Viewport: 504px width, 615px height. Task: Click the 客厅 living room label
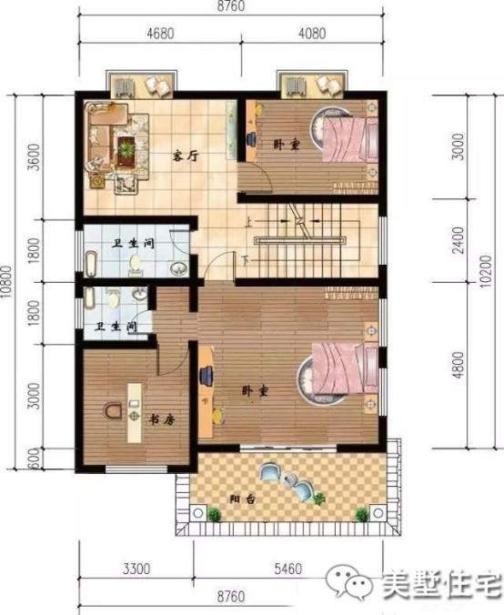point(186,155)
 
